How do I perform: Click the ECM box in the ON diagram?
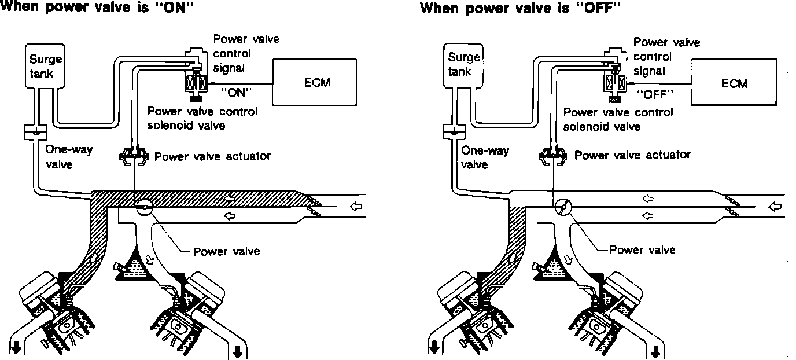pyautogui.click(x=316, y=82)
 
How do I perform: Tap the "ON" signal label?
pyautogui.click(x=237, y=91)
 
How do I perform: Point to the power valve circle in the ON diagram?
pyautogui.click(x=142, y=205)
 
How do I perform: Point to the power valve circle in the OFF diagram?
pyautogui.click(x=562, y=207)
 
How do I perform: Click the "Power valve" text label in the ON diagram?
pyautogui.click(x=226, y=251)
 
